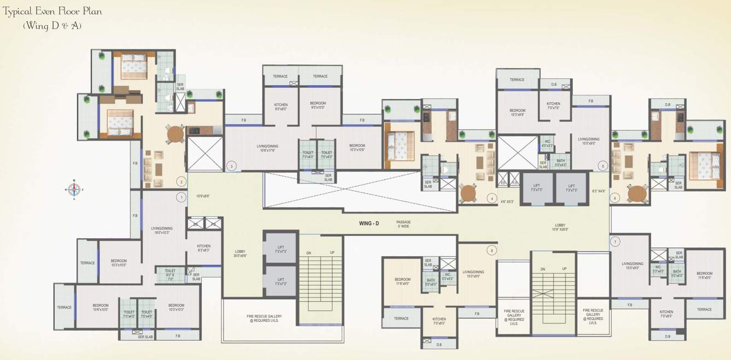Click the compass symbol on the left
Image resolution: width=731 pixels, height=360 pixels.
[x=74, y=190]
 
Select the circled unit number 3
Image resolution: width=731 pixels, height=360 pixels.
[x=231, y=166]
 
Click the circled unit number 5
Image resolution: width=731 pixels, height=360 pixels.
[x=603, y=166]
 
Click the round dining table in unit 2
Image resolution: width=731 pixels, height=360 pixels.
[x=175, y=133]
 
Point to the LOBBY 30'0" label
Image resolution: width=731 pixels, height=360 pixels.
[x=240, y=253]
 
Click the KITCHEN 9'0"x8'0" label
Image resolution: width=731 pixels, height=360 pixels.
[x=281, y=106]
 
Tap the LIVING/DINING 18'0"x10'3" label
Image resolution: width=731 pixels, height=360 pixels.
[x=162, y=231]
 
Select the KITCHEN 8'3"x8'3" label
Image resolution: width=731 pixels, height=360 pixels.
[x=204, y=248]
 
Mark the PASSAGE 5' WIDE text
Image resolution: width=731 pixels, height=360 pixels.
[x=404, y=224]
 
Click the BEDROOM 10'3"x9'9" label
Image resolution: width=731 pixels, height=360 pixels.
[x=517, y=113]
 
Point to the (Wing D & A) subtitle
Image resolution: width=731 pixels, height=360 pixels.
[x=52, y=26]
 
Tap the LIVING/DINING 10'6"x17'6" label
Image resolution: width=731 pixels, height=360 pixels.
[x=268, y=148]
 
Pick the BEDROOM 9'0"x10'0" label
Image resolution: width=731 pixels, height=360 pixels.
[x=318, y=105]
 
